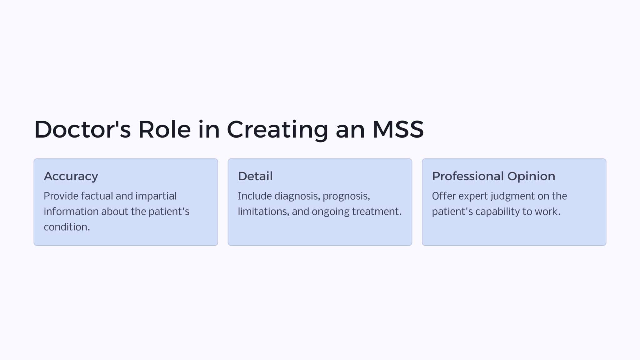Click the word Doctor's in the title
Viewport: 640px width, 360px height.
(82, 129)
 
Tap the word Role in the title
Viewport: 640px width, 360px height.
(164, 129)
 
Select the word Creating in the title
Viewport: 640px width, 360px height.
(277, 129)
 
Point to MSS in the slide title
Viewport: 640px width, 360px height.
(398, 129)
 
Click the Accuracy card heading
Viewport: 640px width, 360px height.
(71, 176)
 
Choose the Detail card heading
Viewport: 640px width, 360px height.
(255, 176)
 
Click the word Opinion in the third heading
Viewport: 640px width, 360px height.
(531, 176)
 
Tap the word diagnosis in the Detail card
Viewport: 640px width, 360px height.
(297, 196)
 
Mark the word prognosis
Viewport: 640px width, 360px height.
(346, 196)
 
